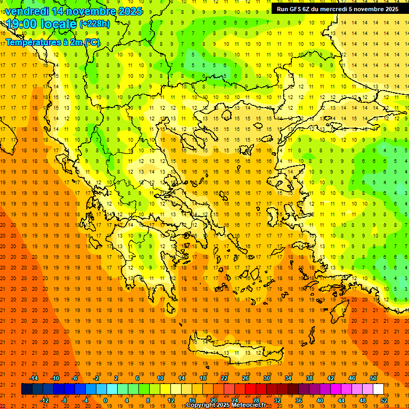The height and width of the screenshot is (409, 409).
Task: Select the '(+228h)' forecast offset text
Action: tap(95, 24)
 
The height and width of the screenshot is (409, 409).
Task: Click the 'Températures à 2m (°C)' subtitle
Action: tap(52, 43)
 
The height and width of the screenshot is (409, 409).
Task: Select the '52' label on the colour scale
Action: tap(384, 400)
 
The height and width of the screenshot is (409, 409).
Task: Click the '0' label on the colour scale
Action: tap(105, 400)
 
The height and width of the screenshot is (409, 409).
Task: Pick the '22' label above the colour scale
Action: tap(224, 378)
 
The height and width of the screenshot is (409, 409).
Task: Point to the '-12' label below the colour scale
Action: tap(44, 400)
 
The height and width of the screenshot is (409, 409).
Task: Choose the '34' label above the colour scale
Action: tap(288, 378)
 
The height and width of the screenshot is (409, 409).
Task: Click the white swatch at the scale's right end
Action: tap(378, 389)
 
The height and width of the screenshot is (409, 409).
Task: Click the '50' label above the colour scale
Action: tap(373, 378)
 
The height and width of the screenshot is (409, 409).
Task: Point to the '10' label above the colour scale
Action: tap(160, 378)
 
